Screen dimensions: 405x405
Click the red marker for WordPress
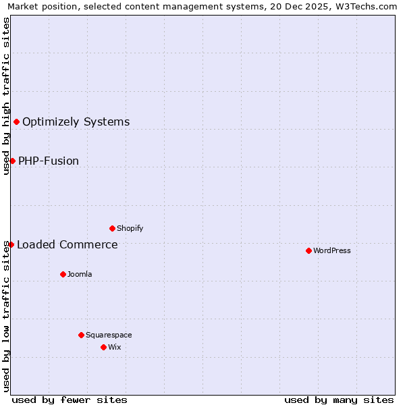click(x=308, y=250)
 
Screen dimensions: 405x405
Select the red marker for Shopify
click(x=112, y=228)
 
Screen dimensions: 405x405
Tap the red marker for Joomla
click(x=63, y=274)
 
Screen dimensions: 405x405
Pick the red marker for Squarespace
click(x=81, y=335)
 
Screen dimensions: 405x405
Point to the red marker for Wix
click(x=103, y=347)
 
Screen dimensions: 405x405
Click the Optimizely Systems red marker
click(x=16, y=122)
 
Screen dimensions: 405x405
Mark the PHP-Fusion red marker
click(x=12, y=161)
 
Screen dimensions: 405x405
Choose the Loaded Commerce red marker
click(x=11, y=244)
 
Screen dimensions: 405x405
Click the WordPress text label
click(x=332, y=250)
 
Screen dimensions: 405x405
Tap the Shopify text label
click(x=130, y=228)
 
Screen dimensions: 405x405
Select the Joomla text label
click(x=80, y=274)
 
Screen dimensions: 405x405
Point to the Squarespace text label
click(x=109, y=335)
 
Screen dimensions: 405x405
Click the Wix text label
click(x=115, y=347)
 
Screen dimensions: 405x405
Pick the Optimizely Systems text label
click(x=76, y=122)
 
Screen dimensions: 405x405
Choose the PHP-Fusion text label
click(x=49, y=161)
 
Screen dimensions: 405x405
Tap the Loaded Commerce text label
click(x=67, y=244)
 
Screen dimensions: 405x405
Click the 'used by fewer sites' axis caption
click(x=70, y=400)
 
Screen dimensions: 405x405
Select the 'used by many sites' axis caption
click(x=339, y=400)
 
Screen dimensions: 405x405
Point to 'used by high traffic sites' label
click(x=6, y=96)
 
